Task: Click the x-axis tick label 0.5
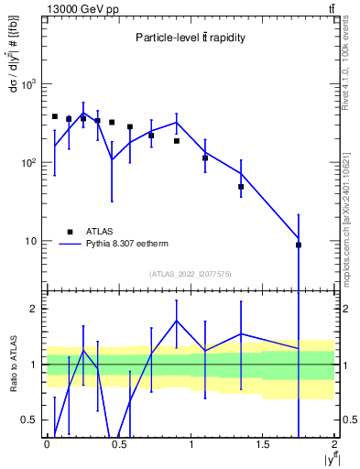tap(118, 444)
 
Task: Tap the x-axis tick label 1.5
tap(263, 444)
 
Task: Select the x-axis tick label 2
tap(335, 444)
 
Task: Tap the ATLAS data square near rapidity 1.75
tap(299, 245)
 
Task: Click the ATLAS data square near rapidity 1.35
tap(241, 187)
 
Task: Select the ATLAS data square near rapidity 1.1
tap(205, 158)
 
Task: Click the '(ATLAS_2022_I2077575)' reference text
tap(191, 273)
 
